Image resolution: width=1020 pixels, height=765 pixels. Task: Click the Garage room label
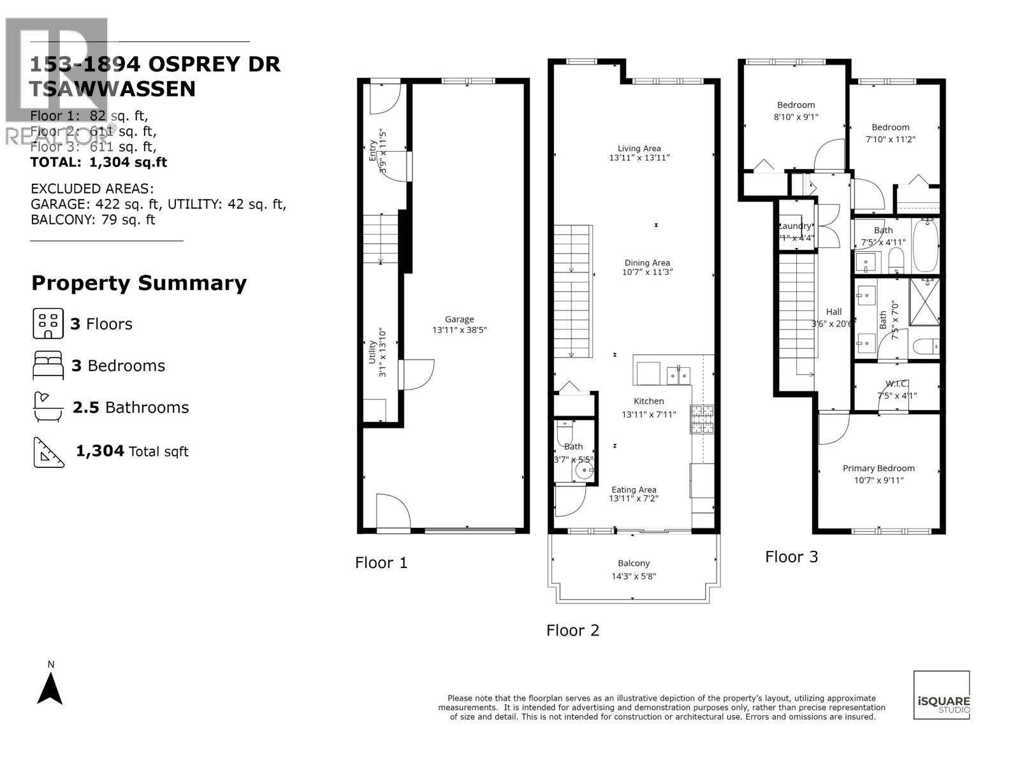pos(460,319)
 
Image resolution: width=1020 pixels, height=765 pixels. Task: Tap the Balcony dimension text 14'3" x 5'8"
pos(633,576)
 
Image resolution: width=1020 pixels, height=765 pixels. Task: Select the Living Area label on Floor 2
pos(639,149)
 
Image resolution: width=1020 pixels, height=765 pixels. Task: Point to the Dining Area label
pos(647,263)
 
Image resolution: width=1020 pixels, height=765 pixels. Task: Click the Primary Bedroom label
pos(878,468)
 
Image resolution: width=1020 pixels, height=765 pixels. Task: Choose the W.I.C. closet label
pos(896,384)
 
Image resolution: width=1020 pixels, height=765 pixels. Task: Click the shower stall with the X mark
pos(924,302)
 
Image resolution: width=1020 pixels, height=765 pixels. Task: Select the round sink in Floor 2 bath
pos(583,471)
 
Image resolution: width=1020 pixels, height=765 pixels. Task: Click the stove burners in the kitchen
pos(701,419)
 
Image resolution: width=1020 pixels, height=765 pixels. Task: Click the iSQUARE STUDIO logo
pos(942,695)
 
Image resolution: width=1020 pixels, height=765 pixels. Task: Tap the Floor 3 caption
pos(791,557)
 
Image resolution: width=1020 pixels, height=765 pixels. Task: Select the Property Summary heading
pos(139,283)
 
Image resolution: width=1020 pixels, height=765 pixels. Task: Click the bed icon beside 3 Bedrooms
pos(48,365)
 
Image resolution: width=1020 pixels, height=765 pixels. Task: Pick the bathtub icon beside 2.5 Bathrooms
pos(48,407)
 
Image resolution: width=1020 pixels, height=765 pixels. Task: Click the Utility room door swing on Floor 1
pos(418,375)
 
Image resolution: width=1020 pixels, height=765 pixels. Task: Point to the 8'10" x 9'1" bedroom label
pos(796,111)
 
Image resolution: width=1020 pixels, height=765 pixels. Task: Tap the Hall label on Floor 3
pos(834,312)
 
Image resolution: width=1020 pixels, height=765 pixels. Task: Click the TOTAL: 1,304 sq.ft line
pos(99,162)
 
